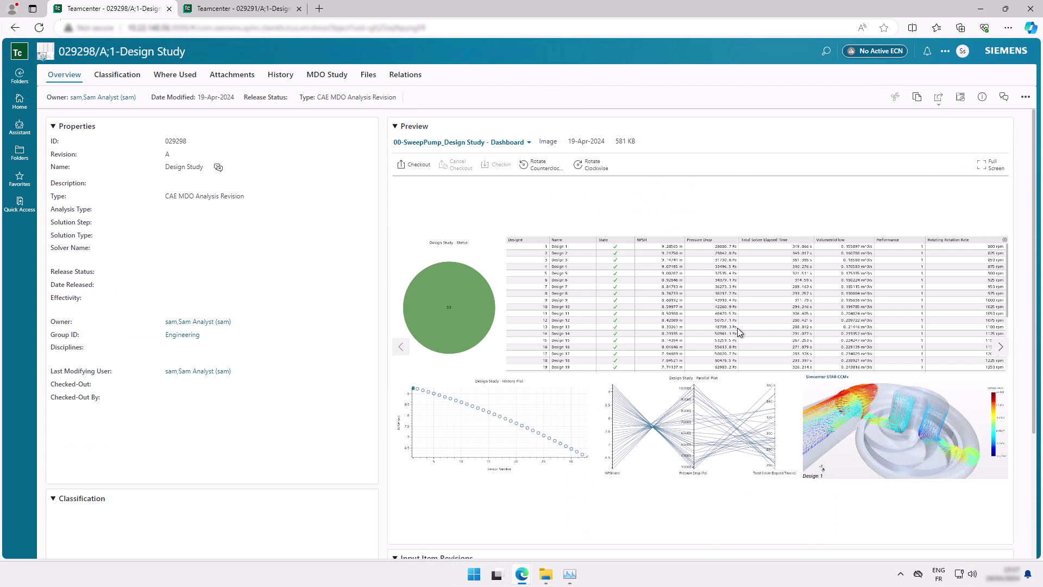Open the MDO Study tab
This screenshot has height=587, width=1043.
tap(326, 74)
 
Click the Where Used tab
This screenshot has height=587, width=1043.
tap(175, 74)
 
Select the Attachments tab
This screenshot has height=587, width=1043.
tap(232, 74)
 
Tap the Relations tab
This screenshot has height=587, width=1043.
tap(405, 74)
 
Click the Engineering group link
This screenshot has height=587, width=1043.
tap(182, 335)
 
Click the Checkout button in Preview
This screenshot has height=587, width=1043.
tap(413, 164)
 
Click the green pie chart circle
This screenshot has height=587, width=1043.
tap(449, 308)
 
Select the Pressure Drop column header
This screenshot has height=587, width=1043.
tap(699, 240)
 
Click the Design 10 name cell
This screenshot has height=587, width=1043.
tap(561, 307)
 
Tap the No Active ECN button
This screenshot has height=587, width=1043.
tap(875, 51)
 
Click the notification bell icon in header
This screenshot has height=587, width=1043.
tap(927, 51)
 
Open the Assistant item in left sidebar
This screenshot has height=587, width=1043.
tap(20, 127)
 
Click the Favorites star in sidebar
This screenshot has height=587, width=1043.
tap(20, 178)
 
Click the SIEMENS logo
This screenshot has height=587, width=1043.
tap(1006, 51)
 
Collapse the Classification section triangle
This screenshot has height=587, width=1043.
tap(53, 498)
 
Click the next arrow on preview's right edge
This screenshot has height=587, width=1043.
tap(1000, 347)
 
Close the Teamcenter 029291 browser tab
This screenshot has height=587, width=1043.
tap(299, 9)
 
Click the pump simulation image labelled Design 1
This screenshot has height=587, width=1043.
tap(904, 429)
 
